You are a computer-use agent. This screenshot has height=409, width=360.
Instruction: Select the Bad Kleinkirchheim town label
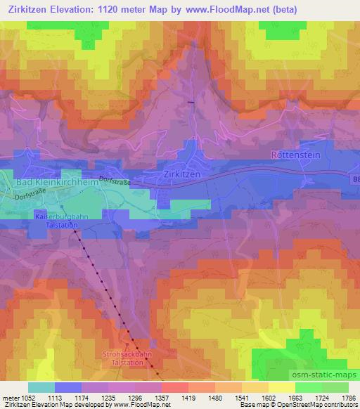pos(48,183)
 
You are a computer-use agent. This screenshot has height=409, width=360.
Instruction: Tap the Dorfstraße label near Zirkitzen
pos(115,180)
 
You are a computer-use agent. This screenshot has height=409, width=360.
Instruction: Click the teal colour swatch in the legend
pos(41,387)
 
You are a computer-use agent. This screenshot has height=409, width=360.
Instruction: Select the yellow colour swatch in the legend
pos(282,387)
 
